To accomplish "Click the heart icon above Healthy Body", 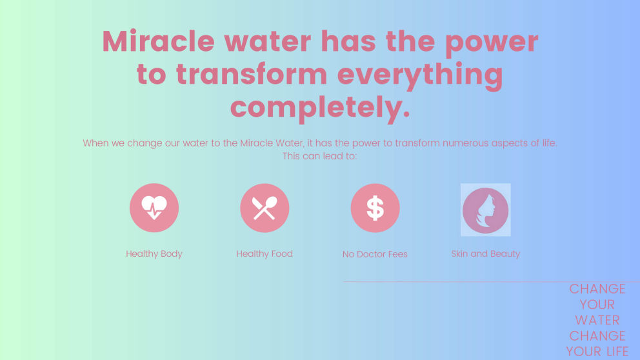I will (154, 208).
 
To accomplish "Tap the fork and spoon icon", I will (265, 208).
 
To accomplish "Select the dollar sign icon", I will (375, 208).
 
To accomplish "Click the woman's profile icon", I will (485, 210).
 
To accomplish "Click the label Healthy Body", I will (154, 254).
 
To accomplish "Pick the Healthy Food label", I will (265, 254).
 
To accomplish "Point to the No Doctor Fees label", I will (375, 254).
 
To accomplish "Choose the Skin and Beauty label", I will (485, 254).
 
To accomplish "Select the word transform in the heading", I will (252, 75).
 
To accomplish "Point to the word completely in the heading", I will (320, 107).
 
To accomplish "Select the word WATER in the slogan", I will (597, 320).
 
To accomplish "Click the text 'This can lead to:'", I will (320, 156).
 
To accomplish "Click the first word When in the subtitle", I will (95, 143).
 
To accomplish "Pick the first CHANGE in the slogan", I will (597, 288).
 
